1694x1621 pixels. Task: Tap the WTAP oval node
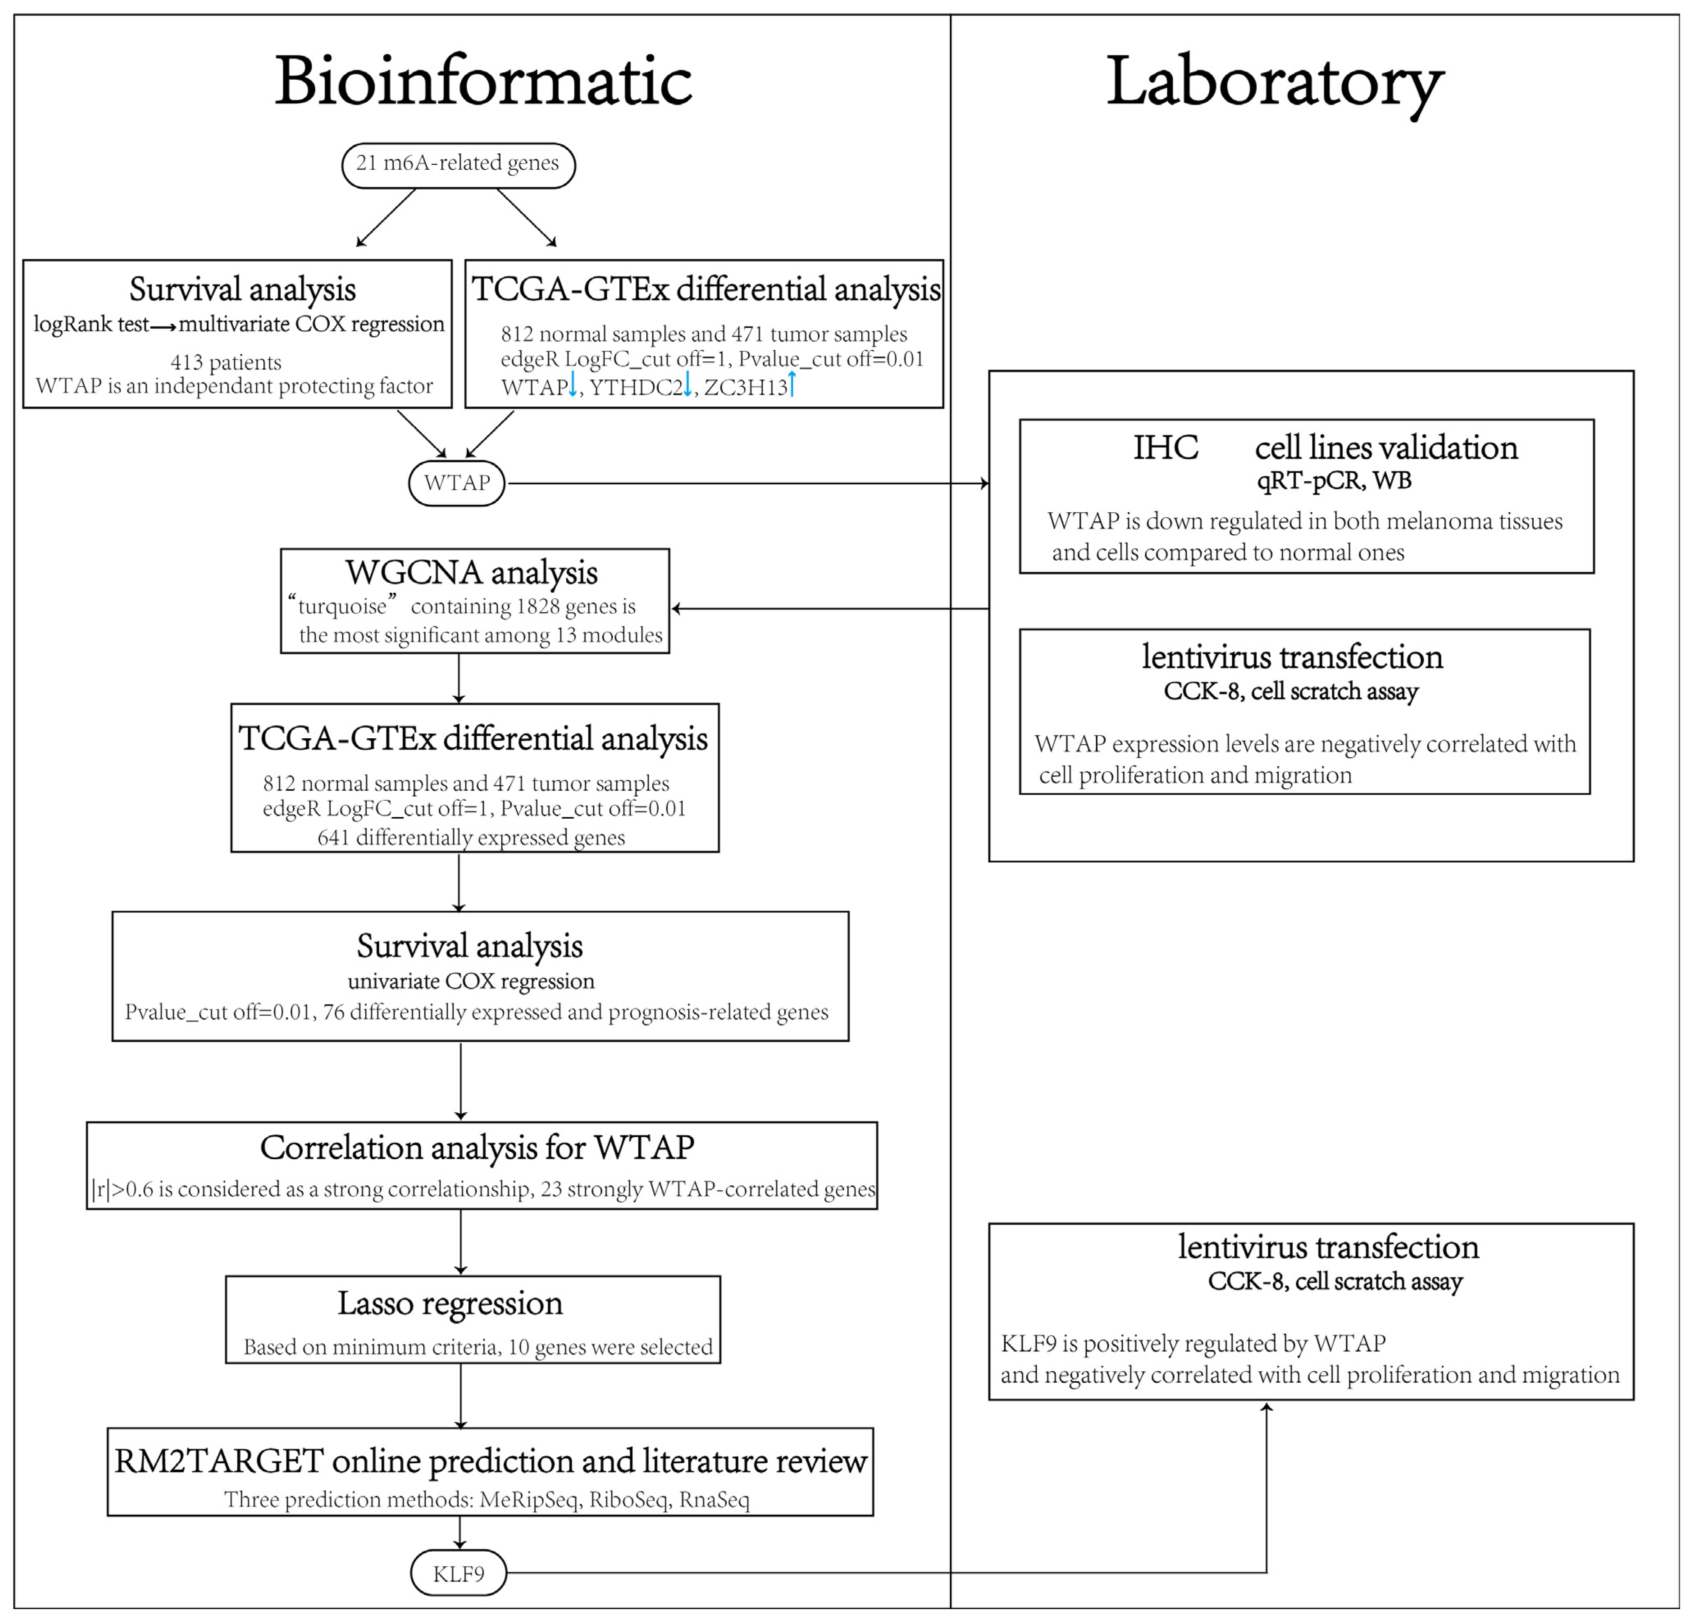tap(457, 483)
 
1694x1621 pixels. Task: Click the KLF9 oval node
tap(458, 1573)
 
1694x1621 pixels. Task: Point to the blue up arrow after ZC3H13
tap(791, 384)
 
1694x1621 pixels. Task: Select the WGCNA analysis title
tap(472, 572)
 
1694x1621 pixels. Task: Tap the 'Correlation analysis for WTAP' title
tap(477, 1148)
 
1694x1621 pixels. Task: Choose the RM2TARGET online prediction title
tap(490, 1460)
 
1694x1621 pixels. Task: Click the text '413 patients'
tap(226, 362)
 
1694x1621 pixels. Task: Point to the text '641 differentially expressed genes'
tap(471, 837)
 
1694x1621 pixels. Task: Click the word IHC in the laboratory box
tap(1165, 447)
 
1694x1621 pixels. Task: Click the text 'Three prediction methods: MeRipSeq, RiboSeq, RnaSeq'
tap(486, 1499)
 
